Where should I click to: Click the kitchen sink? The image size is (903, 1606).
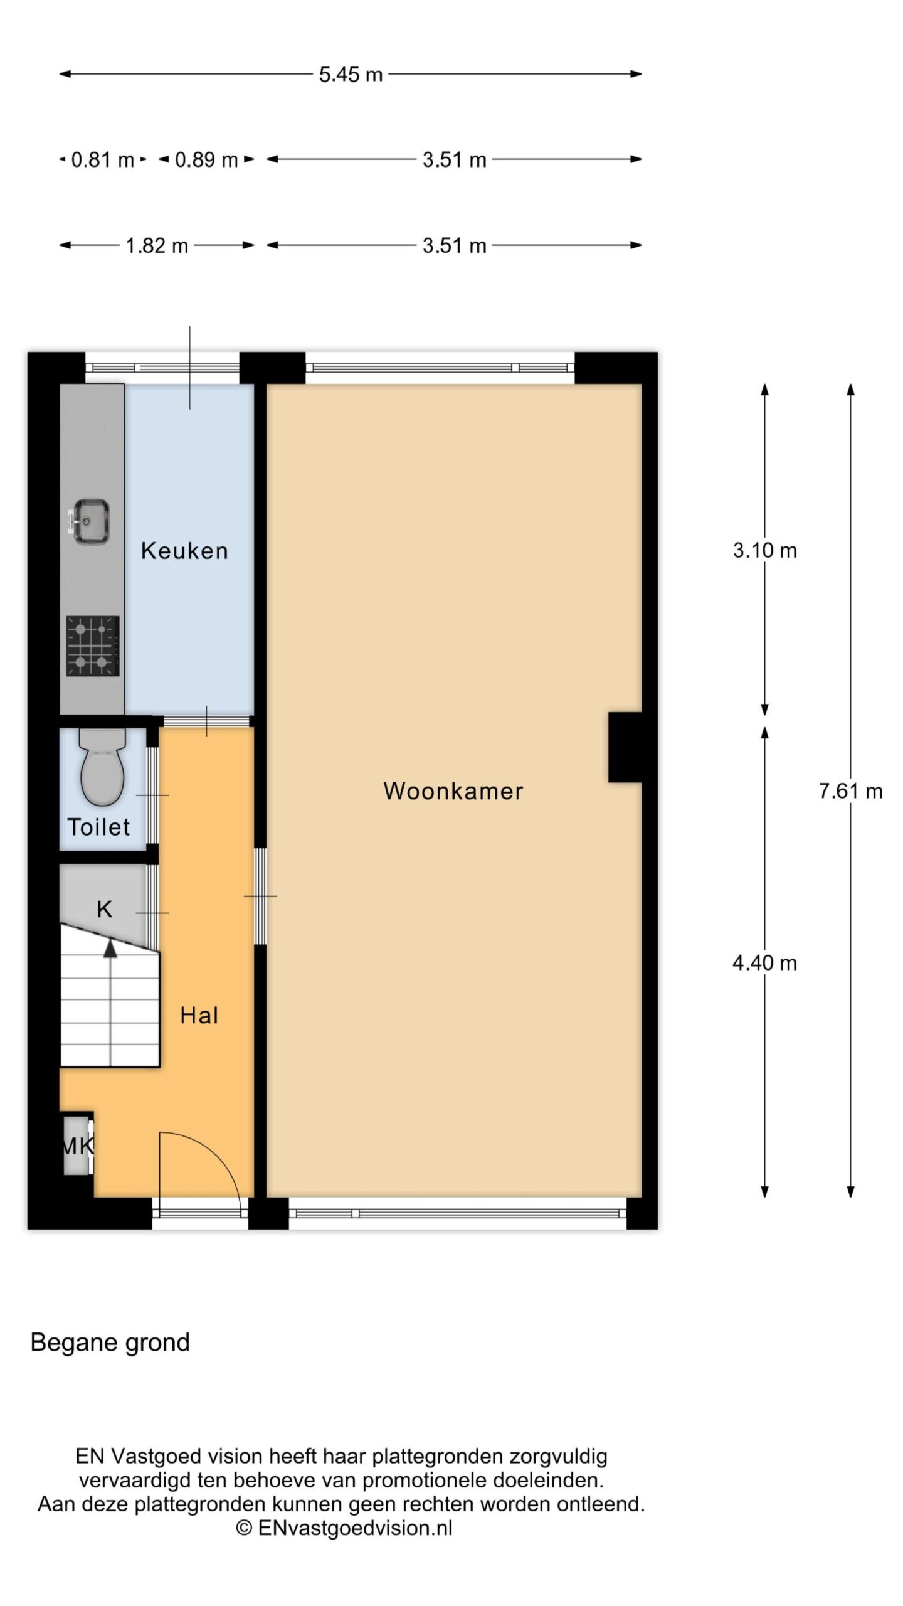tap(91, 521)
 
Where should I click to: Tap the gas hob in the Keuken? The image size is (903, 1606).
tap(93, 646)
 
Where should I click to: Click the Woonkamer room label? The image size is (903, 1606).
tap(453, 791)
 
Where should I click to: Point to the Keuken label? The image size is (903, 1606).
tap(184, 551)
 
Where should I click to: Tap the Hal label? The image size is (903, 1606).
tap(199, 1016)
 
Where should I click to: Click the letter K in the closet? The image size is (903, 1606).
tap(104, 909)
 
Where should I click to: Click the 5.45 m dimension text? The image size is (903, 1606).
tap(351, 75)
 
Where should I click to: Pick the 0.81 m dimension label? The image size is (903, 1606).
tap(103, 160)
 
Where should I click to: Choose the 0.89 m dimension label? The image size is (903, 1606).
tap(206, 160)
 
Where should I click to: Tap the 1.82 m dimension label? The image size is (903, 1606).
tap(157, 245)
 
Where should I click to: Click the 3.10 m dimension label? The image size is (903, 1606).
tap(765, 551)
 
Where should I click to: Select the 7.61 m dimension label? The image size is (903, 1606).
tap(850, 791)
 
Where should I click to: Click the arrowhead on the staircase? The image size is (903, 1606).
tap(110, 949)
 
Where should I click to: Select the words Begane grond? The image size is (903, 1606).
tap(110, 1343)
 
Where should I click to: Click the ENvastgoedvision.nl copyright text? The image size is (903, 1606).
tap(344, 1528)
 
